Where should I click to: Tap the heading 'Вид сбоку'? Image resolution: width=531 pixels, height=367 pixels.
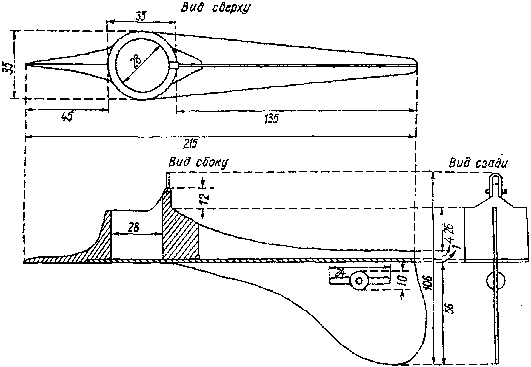click(x=198, y=162)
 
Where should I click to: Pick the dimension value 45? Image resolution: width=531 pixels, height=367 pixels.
click(x=67, y=117)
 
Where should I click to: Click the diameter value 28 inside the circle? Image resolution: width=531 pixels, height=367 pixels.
click(x=136, y=59)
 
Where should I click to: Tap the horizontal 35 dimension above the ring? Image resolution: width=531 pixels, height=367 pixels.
click(x=140, y=17)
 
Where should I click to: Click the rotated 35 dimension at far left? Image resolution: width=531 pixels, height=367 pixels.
click(x=7, y=67)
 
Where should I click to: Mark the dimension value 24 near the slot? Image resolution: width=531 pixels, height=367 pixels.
click(x=340, y=273)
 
